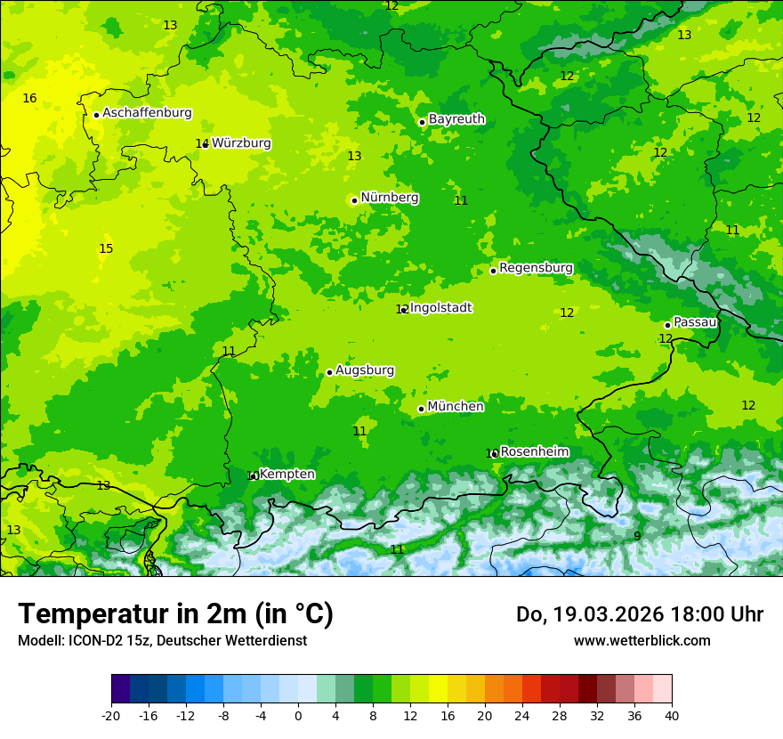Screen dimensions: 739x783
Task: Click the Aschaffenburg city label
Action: click(x=147, y=113)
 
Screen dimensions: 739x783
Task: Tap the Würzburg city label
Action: click(x=241, y=143)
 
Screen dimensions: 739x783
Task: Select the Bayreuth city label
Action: click(x=456, y=119)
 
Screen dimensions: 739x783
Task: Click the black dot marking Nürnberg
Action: click(x=354, y=200)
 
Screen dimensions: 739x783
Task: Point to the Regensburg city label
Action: click(x=536, y=268)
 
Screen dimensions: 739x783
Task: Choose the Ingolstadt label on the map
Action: click(x=440, y=308)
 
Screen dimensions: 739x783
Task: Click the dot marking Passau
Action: click(x=667, y=325)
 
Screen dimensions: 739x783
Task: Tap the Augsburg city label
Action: click(x=365, y=370)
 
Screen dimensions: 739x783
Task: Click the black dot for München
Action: click(x=421, y=410)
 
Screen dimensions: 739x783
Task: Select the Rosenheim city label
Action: click(x=534, y=452)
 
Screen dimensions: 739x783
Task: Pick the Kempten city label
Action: click(x=287, y=475)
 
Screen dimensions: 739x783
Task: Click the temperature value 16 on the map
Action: click(x=29, y=98)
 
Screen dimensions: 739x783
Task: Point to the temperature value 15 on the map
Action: click(x=106, y=248)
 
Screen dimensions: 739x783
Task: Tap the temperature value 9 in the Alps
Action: click(x=637, y=536)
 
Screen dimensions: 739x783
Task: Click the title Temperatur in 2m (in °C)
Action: click(x=175, y=614)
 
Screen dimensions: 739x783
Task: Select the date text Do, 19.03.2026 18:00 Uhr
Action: click(x=639, y=614)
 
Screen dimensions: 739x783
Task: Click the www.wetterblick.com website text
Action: click(x=642, y=640)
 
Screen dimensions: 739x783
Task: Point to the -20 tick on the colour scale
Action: click(x=111, y=715)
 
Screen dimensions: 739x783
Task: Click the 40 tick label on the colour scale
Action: click(x=672, y=715)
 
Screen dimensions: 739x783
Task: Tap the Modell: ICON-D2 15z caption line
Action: click(x=162, y=640)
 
